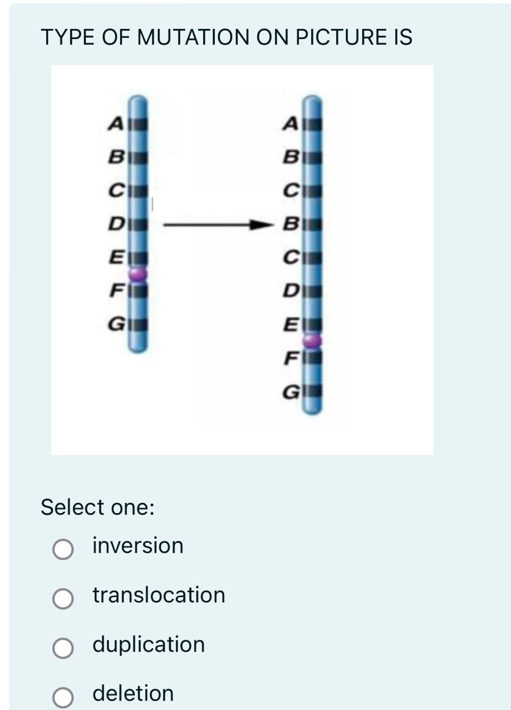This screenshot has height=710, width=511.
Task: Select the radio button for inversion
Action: [x=62, y=549]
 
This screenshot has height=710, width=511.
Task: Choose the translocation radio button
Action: [x=62, y=598]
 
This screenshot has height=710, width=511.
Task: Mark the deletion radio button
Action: [x=62, y=696]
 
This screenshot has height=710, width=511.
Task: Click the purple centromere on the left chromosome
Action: [x=139, y=275]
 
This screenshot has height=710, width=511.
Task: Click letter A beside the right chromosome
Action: [x=290, y=124]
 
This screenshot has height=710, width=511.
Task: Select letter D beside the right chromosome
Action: [x=290, y=293]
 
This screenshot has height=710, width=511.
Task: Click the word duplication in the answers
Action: [x=148, y=645]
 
